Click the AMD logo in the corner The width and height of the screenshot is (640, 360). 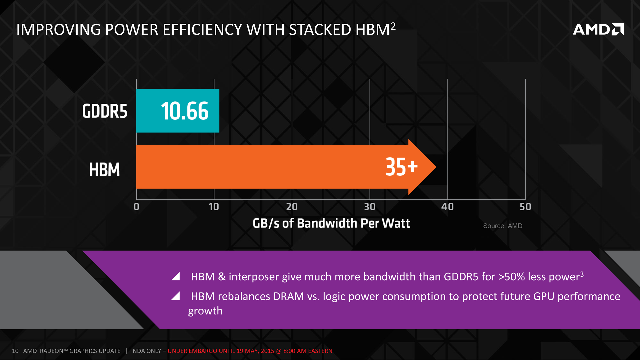598,29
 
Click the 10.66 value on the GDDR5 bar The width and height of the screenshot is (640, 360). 185,111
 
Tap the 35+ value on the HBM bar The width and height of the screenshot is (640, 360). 401,167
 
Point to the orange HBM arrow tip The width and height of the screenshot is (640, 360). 430,167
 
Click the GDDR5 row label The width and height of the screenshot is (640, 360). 105,111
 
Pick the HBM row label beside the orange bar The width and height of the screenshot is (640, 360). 104,170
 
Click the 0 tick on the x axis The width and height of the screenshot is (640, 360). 136,207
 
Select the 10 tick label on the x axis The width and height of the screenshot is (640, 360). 214,207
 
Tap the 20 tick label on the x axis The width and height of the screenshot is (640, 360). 292,207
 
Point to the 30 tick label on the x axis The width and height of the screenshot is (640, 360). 370,207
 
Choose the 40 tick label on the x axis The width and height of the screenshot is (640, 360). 447,207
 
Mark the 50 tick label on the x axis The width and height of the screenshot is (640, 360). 525,207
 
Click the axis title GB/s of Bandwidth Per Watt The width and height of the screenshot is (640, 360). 331,223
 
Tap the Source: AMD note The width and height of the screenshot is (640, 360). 503,226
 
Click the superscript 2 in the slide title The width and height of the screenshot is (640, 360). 393,26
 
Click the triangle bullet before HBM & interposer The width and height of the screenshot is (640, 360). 176,276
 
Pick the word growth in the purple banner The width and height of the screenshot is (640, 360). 205,311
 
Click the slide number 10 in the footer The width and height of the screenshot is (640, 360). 15,351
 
